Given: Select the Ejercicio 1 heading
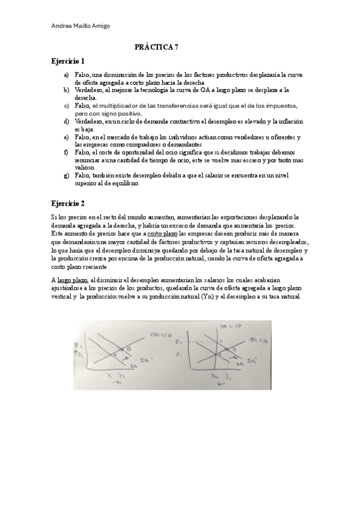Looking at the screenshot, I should (x=68, y=61).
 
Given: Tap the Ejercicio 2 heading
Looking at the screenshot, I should (x=68, y=203).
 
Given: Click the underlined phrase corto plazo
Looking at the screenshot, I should (x=162, y=232).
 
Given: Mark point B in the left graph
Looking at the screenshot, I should (x=129, y=348).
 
